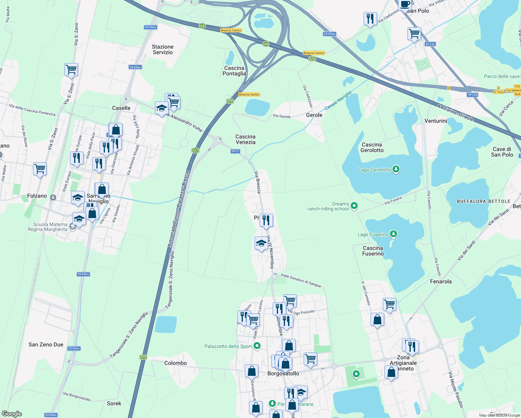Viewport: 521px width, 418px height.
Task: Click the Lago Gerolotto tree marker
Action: click(x=396, y=169)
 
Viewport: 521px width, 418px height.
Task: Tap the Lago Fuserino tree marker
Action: click(x=393, y=234)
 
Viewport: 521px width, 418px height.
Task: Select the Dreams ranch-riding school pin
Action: click(x=354, y=206)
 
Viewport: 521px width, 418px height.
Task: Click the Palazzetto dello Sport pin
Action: click(x=257, y=346)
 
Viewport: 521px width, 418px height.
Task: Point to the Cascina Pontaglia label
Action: click(x=234, y=71)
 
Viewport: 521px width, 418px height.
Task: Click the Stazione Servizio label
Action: click(x=163, y=49)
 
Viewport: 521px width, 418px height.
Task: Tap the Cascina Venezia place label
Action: click(x=246, y=139)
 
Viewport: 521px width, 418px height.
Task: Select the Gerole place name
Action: click(x=314, y=115)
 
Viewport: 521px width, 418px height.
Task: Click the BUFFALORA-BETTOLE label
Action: click(x=483, y=201)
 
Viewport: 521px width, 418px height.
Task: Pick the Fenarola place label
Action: click(x=441, y=281)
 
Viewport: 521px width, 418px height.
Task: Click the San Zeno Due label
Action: click(x=46, y=345)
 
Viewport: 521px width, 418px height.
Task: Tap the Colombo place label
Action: click(x=176, y=363)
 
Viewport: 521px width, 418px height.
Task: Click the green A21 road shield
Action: click(x=195, y=150)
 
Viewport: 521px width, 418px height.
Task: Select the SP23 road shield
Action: click(x=235, y=151)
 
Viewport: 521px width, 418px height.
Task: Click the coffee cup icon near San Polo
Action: click(x=405, y=5)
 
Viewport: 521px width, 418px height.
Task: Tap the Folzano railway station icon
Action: click(x=53, y=197)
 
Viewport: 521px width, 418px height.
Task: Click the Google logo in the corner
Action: click(x=12, y=413)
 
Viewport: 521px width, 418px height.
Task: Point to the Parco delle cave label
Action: click(x=501, y=76)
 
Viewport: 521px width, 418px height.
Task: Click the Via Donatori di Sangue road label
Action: click(x=301, y=280)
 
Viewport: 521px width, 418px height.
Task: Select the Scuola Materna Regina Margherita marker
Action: click(x=72, y=227)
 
